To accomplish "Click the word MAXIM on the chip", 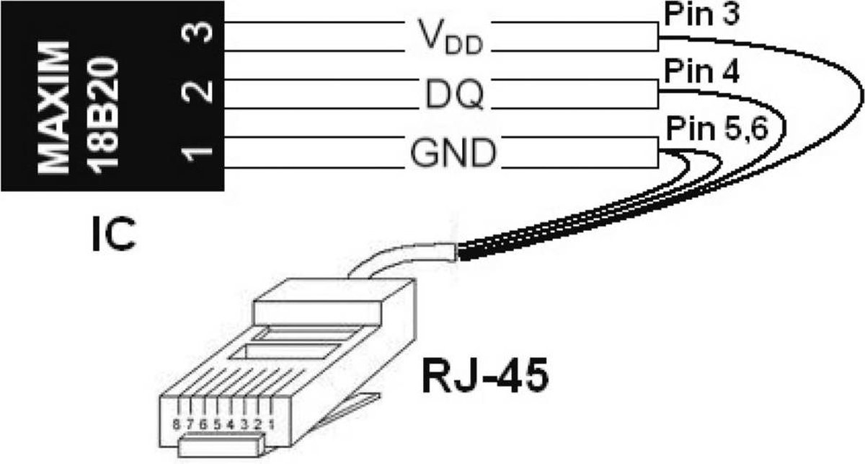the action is coord(53,109).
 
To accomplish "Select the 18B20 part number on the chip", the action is coord(102,115).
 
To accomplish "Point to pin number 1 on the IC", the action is coord(198,154).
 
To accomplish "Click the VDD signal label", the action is coord(451,37).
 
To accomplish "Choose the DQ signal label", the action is coord(454,95).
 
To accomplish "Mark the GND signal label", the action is coord(453,153).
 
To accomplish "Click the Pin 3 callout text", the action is coord(701,14).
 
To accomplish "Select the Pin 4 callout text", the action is coord(701,71).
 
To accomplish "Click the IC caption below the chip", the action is coord(114,234).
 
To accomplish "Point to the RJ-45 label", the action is coord(485,375).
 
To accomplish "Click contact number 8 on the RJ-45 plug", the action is coord(176,425).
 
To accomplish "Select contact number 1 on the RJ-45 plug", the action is coord(272,425).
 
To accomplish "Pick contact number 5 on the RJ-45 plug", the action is coord(217,425).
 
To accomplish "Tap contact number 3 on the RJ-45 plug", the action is coord(244,425).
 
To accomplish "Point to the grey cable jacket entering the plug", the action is coord(402,258).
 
